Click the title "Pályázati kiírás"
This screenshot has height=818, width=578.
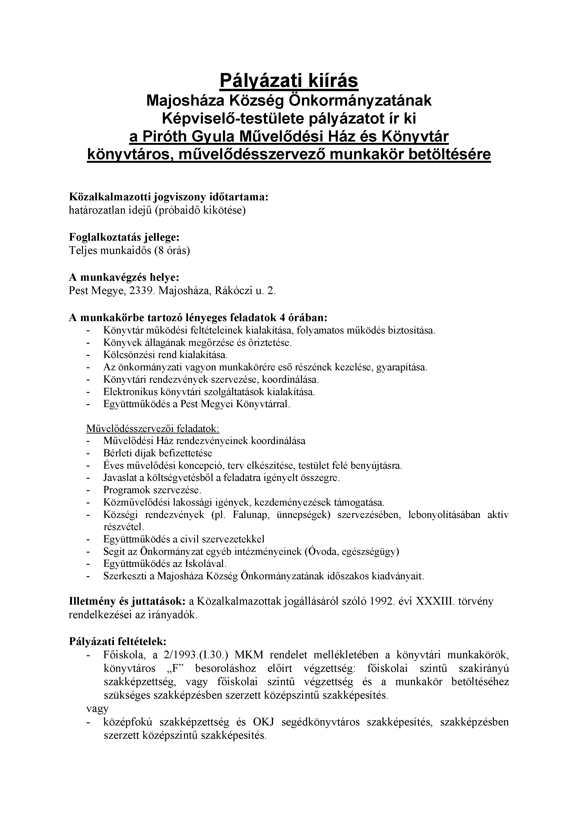(x=289, y=81)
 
